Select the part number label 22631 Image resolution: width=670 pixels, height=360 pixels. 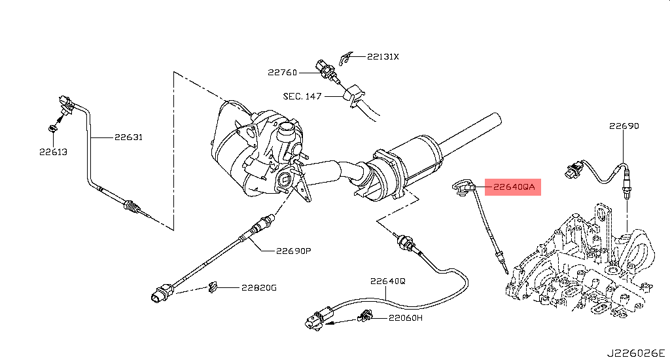128,137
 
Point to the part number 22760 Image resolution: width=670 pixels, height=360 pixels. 282,73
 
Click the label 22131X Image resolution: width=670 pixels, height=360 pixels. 382,57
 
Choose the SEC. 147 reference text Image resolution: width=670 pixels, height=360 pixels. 302,96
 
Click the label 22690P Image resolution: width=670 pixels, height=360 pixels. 292,250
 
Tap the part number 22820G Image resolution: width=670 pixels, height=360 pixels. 258,287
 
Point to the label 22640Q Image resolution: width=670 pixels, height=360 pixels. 387,281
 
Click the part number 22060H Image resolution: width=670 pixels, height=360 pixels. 405,318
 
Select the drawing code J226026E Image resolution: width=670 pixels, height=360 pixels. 635,353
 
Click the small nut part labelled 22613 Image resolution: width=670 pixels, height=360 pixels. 53,128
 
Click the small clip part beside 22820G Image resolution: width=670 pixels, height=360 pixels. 213,287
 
